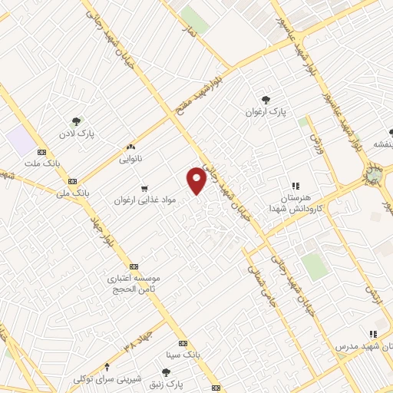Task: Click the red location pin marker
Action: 197,180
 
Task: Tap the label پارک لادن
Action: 79,134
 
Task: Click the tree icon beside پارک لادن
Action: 76,121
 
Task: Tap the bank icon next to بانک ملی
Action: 73,181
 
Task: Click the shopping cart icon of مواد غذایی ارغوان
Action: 144,187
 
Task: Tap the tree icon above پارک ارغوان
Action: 266,99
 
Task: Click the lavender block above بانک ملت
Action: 21,139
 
